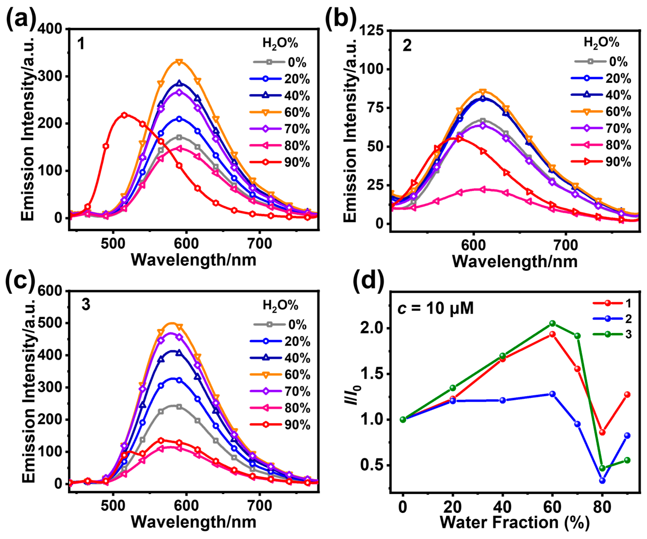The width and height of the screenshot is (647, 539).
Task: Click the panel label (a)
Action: tap(21, 19)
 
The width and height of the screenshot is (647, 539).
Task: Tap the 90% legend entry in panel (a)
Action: tap(280, 162)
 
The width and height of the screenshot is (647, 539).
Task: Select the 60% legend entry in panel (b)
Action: tap(601, 111)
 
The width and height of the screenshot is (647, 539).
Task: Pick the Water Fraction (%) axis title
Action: tap(514, 523)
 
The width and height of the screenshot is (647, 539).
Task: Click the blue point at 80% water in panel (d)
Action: tap(602, 480)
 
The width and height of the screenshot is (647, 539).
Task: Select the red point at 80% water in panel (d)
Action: tap(602, 432)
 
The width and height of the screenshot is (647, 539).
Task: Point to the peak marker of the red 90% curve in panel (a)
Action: tap(124, 115)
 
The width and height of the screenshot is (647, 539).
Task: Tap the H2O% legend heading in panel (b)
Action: tap(601, 42)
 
